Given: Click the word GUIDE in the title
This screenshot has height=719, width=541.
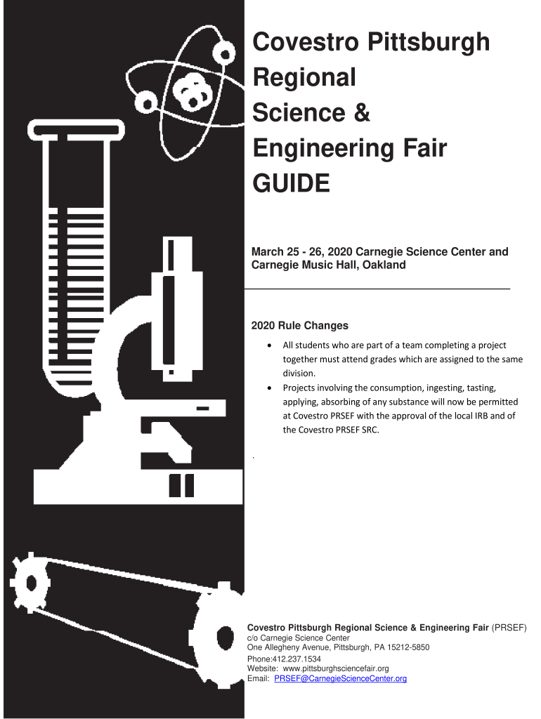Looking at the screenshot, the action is click(x=291, y=183).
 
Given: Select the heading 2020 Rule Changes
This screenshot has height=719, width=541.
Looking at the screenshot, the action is click(x=299, y=326).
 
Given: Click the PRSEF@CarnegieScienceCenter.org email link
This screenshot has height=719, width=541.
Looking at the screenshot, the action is click(x=341, y=678).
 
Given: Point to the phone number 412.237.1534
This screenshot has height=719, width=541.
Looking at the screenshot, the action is click(x=297, y=659).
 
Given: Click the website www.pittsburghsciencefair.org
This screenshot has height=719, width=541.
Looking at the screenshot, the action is click(x=336, y=668).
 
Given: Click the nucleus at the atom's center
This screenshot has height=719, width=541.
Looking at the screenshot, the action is click(x=193, y=93).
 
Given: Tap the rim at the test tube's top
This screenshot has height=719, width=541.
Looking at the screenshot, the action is click(x=76, y=129).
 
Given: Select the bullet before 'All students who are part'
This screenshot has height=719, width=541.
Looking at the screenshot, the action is click(x=269, y=345).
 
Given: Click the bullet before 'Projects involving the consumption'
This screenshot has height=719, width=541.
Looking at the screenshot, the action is click(x=269, y=388).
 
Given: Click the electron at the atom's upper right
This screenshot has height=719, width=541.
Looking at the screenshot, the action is click(x=225, y=55).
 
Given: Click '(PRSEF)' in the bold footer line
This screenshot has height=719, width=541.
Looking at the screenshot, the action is click(x=509, y=628).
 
